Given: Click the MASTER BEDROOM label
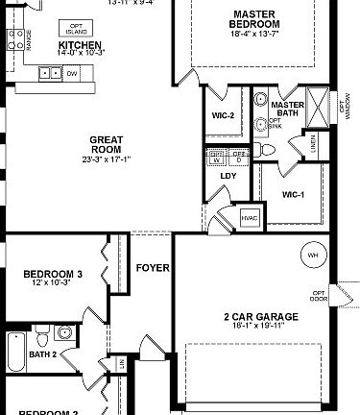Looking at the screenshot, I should coord(254,19).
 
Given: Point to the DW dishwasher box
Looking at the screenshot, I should coord(72,72).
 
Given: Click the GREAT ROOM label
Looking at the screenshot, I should coord(107,144).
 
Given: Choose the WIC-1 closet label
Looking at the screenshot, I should coord(293,195).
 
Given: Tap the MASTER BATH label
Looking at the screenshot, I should coord(288,110).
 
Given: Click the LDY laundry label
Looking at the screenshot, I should coord(228,176).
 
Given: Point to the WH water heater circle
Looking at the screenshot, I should coord(313,256).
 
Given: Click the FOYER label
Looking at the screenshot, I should coord(154,268).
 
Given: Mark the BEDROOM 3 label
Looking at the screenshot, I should coord(53,274).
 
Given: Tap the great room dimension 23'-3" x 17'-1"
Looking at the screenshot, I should coord(107,159).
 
